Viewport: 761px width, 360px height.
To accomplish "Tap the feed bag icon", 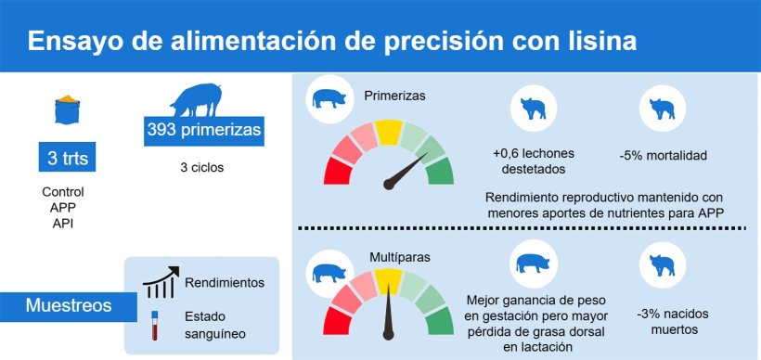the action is pyautogui.click(x=68, y=109).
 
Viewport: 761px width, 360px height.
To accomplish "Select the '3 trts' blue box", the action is pyautogui.click(x=67, y=157).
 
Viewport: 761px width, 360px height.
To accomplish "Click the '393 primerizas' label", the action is pyautogui.click(x=204, y=131).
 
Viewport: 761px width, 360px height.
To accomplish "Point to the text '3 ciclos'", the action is pyautogui.click(x=202, y=168).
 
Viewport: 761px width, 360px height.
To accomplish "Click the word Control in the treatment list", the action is pyautogui.click(x=63, y=192).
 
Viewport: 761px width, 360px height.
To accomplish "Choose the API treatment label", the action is pyautogui.click(x=63, y=225).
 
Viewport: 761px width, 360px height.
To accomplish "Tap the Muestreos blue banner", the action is pyautogui.click(x=69, y=306).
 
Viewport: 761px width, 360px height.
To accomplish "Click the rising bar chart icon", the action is pyautogui.click(x=161, y=282).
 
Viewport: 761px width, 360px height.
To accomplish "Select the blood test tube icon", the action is pyautogui.click(x=155, y=325).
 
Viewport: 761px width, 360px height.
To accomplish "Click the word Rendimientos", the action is pyautogui.click(x=225, y=283).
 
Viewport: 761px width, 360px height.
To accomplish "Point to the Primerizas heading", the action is pyautogui.click(x=394, y=96).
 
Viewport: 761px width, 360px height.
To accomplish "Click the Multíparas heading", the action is pyautogui.click(x=400, y=257).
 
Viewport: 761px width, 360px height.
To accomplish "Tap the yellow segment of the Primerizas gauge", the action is pyautogui.click(x=389, y=132).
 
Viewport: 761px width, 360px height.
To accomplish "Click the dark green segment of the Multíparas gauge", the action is pyautogui.click(x=440, y=321).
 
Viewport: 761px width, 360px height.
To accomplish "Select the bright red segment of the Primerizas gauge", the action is pyautogui.click(x=338, y=171).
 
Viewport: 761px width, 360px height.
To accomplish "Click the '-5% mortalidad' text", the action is pyautogui.click(x=663, y=156).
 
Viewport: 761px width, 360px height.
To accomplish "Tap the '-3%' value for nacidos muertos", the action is pyautogui.click(x=648, y=314).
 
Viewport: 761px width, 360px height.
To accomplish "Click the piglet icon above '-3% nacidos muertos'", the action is pyautogui.click(x=663, y=265).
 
